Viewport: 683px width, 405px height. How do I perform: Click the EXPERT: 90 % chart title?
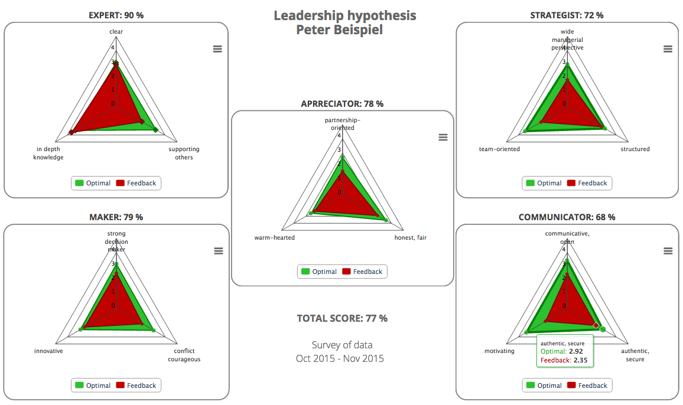tap(116, 15)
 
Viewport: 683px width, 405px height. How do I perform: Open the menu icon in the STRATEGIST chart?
tap(668, 49)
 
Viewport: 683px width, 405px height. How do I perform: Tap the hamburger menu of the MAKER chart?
tap(218, 251)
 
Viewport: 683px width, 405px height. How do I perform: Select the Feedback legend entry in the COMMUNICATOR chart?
tap(587, 386)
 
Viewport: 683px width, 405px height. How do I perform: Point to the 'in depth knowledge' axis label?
tap(48, 153)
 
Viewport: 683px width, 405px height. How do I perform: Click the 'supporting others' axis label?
tap(184, 153)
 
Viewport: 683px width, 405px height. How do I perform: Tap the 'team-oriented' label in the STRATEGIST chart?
tap(499, 149)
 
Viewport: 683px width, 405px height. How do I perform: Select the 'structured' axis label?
tap(635, 149)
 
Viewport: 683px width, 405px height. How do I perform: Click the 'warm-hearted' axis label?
tap(274, 238)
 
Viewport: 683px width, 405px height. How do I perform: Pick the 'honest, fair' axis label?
tap(410, 238)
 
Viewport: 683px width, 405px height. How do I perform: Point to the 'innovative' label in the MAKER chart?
tap(48, 351)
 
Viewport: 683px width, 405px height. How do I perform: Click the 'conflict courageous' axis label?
tap(184, 355)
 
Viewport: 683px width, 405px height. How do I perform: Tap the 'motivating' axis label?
tap(499, 351)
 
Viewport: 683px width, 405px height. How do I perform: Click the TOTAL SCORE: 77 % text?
tap(342, 318)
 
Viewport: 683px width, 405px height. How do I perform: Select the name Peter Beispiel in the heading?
tap(339, 30)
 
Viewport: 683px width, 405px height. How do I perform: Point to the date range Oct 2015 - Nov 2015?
tap(340, 358)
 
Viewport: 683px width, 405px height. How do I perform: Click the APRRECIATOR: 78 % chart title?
tap(342, 104)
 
